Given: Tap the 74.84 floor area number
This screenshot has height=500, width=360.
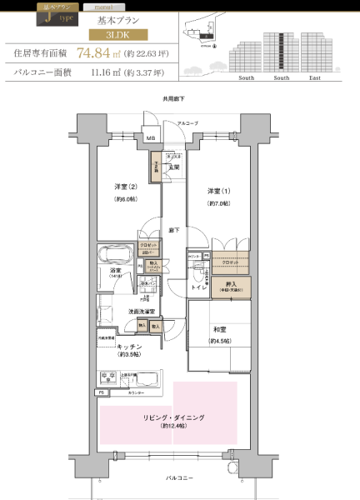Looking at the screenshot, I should point(92,53).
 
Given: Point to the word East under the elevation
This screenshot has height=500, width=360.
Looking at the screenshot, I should point(315,77).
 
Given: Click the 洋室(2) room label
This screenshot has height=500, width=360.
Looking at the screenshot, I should point(126,187).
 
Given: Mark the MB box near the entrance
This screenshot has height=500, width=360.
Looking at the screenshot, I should point(152,138).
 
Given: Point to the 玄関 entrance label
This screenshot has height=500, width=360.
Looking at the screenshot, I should point(175,167).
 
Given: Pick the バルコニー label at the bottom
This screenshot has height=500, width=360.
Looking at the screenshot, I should point(179,478).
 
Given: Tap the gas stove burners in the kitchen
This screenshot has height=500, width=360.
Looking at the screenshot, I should point(108,377).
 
